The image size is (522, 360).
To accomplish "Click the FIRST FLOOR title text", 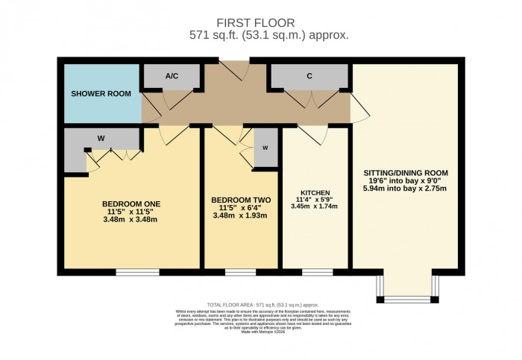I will [260, 22].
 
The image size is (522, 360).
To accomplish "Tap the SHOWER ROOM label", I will [101, 94].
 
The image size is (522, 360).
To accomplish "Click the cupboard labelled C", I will [309, 75].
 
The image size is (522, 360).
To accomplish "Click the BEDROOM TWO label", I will [240, 200].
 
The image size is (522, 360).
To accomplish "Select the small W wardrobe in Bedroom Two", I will [265, 147].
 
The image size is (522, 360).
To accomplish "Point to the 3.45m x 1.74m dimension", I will [315, 207].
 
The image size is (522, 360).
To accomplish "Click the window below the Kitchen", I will [312, 273].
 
